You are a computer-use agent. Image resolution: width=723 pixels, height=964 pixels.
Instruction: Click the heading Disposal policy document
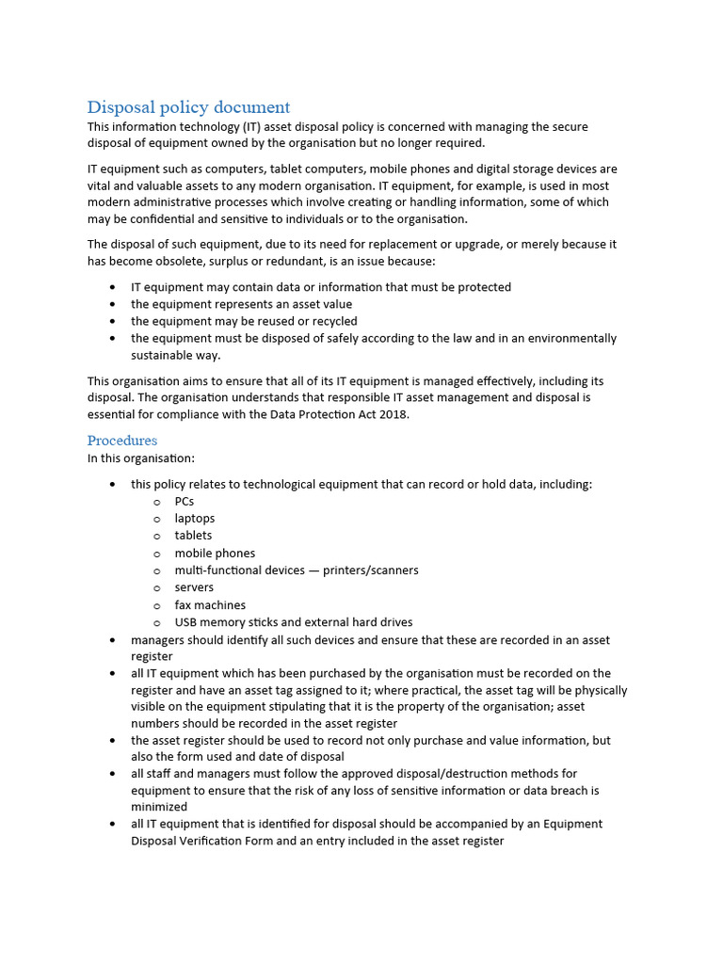(x=188, y=107)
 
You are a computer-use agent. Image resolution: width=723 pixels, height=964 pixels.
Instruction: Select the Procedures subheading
(x=122, y=441)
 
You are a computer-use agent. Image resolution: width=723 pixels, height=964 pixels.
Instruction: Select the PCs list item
(x=184, y=501)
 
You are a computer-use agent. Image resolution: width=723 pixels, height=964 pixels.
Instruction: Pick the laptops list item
(x=194, y=518)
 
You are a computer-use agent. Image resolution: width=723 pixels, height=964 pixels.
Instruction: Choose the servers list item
(x=194, y=587)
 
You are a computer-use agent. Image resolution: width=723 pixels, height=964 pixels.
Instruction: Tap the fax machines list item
(x=210, y=605)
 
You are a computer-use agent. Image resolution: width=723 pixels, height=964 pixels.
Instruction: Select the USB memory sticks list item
(x=293, y=622)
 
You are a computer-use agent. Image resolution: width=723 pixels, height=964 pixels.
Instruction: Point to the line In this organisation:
(x=140, y=458)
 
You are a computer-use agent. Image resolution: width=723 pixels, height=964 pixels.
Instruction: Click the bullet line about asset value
(x=241, y=304)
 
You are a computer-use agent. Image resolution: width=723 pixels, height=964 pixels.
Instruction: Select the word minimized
(x=159, y=807)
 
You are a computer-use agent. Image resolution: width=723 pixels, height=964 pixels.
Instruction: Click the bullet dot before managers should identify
(x=113, y=640)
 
